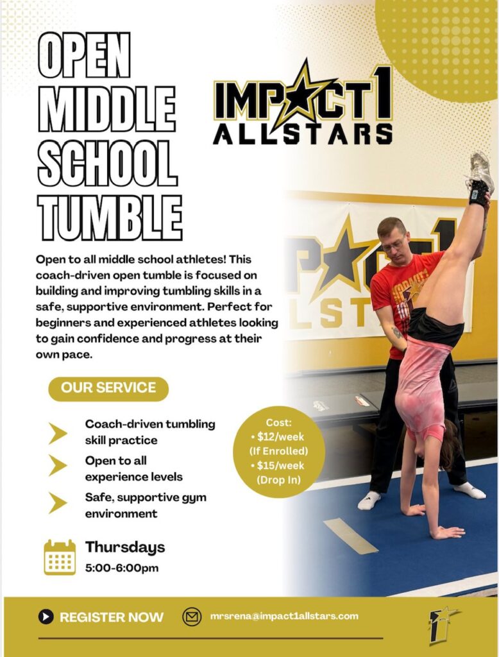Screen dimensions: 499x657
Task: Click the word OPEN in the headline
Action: pyautogui.click(x=84, y=56)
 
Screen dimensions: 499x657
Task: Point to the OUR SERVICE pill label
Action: pyautogui.click(x=108, y=388)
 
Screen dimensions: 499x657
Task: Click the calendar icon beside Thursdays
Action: pyautogui.click(x=60, y=557)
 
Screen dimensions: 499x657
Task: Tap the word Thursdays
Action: pyautogui.click(x=125, y=547)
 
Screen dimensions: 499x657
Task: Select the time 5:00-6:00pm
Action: pyautogui.click(x=122, y=568)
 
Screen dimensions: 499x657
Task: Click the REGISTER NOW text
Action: pyautogui.click(x=112, y=617)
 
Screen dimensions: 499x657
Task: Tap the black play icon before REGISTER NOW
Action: pyautogui.click(x=46, y=617)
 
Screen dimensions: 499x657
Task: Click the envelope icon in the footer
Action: pyautogui.click(x=192, y=617)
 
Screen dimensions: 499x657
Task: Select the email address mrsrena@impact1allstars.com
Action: pyautogui.click(x=284, y=616)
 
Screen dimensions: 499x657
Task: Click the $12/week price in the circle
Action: pyautogui.click(x=278, y=437)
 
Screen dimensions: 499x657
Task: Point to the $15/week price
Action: pyautogui.click(x=278, y=466)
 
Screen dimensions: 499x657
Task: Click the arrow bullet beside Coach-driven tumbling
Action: pyautogui.click(x=57, y=433)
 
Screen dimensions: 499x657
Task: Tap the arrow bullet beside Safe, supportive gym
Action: pyautogui.click(x=57, y=503)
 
